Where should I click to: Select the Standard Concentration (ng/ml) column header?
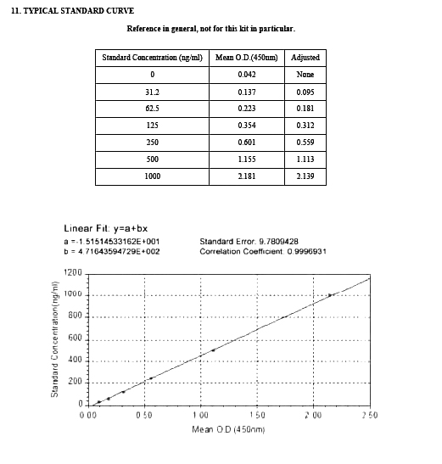[152, 58]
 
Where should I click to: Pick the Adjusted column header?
[305, 58]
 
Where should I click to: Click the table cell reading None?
[305, 75]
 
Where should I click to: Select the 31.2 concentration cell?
[152, 92]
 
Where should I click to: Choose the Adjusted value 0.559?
[305, 143]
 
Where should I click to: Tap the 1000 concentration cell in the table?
[152, 176]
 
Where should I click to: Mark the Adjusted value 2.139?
[305, 176]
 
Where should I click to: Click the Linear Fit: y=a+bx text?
[106, 228]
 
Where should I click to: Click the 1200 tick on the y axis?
[73, 273]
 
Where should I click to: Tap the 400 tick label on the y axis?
[76, 361]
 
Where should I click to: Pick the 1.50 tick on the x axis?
[257, 416]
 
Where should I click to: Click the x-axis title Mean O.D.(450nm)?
[228, 430]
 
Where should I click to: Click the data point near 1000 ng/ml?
[329, 295]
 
